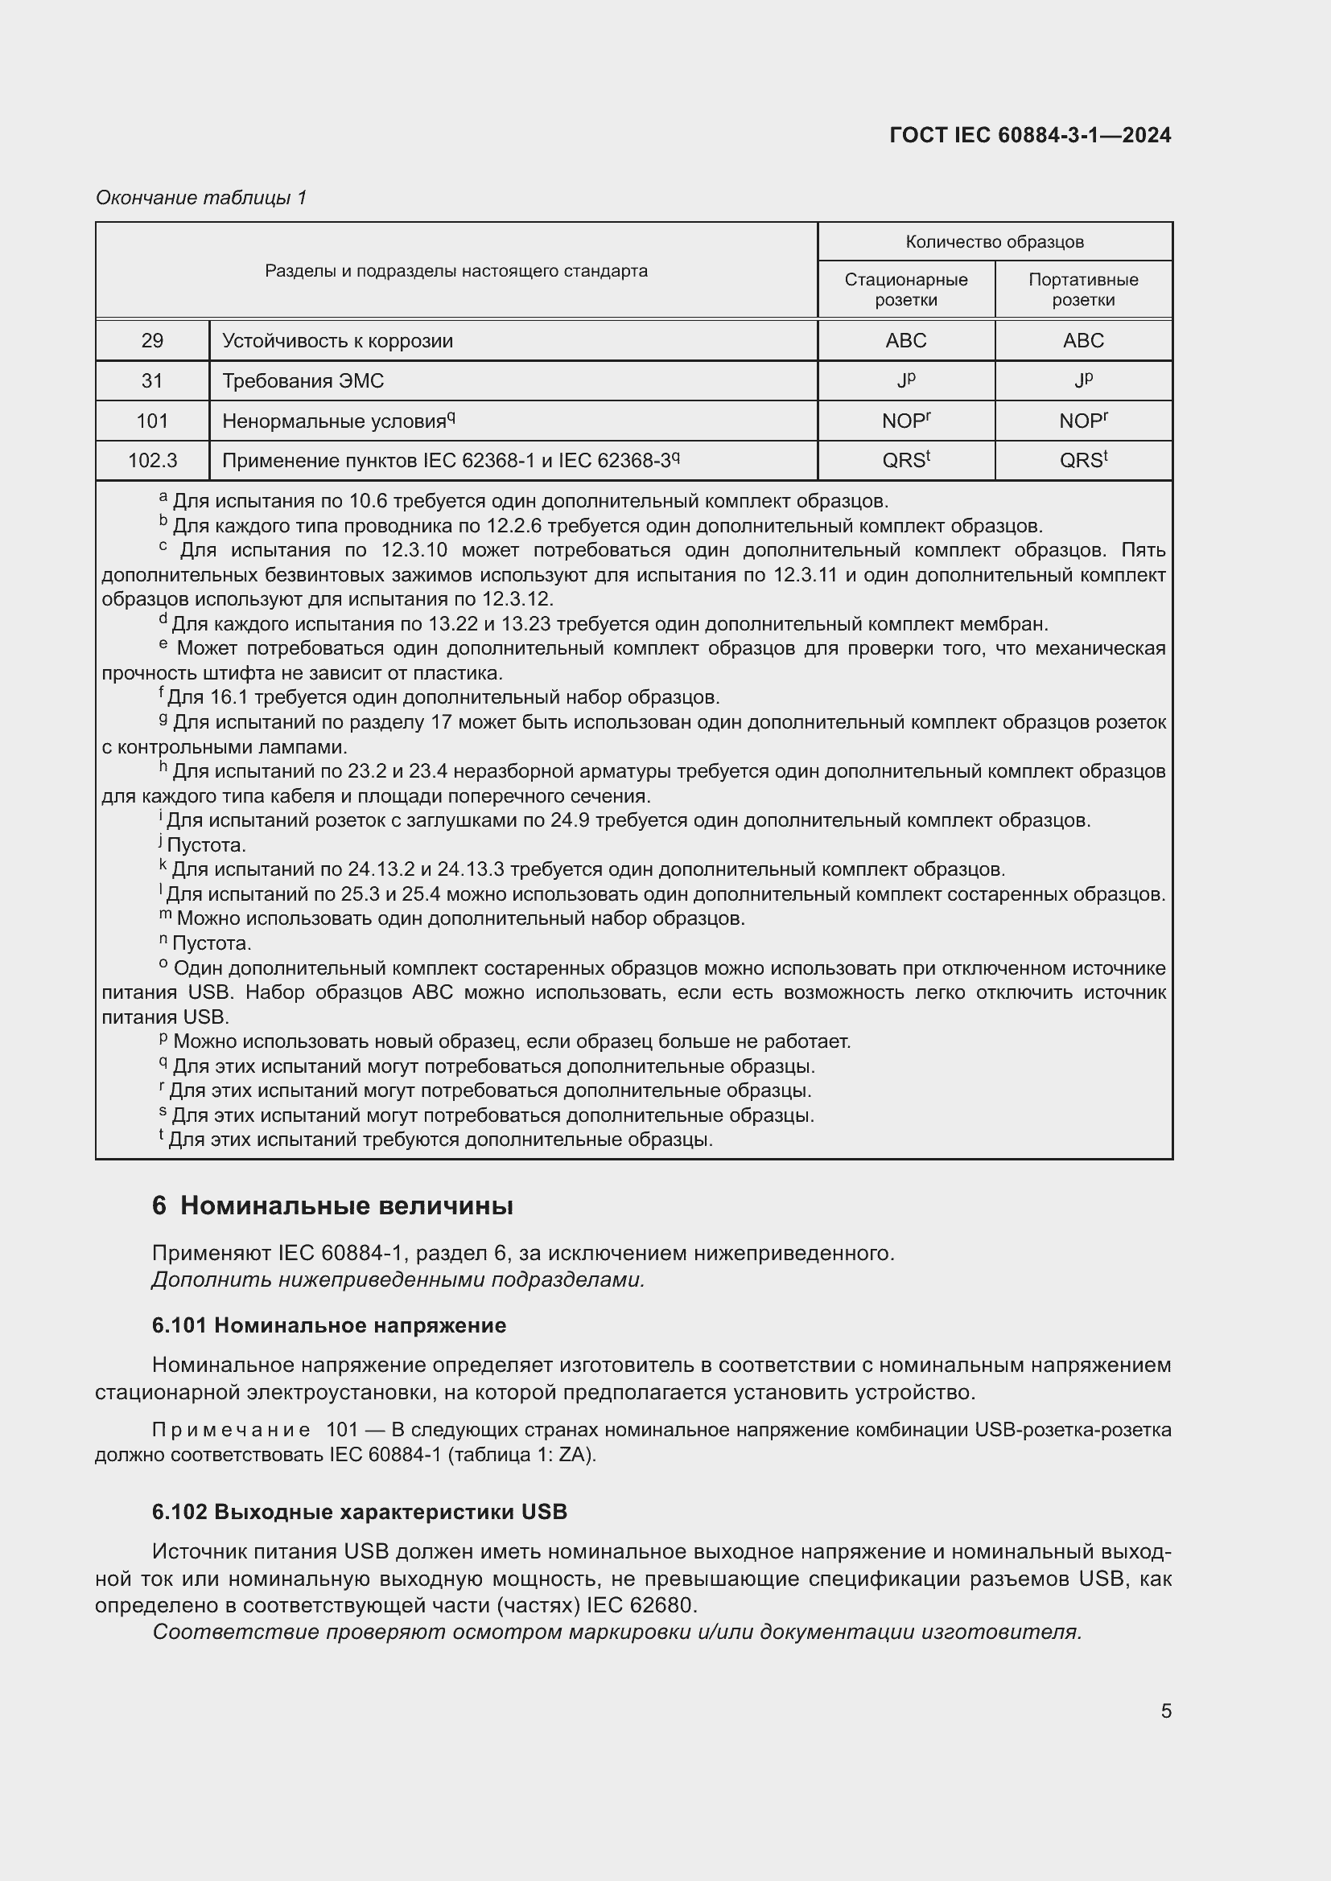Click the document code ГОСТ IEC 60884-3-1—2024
tap(1029, 135)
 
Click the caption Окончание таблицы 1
tap(201, 198)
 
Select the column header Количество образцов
tap(994, 242)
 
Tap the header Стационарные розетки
tap(905, 290)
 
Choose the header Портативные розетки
tap(1082, 290)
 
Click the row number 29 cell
tap(152, 341)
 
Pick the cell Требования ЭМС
tap(303, 381)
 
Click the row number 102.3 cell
tap(152, 461)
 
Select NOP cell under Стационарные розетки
tap(905, 421)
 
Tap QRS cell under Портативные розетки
tap(1082, 461)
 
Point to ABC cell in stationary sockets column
tap(905, 341)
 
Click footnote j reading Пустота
tap(205, 844)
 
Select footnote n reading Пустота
tap(210, 943)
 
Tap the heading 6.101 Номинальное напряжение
tap(328, 1325)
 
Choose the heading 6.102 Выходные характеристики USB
tap(359, 1513)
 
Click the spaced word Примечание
tap(230, 1431)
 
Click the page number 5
tap(1165, 1711)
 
